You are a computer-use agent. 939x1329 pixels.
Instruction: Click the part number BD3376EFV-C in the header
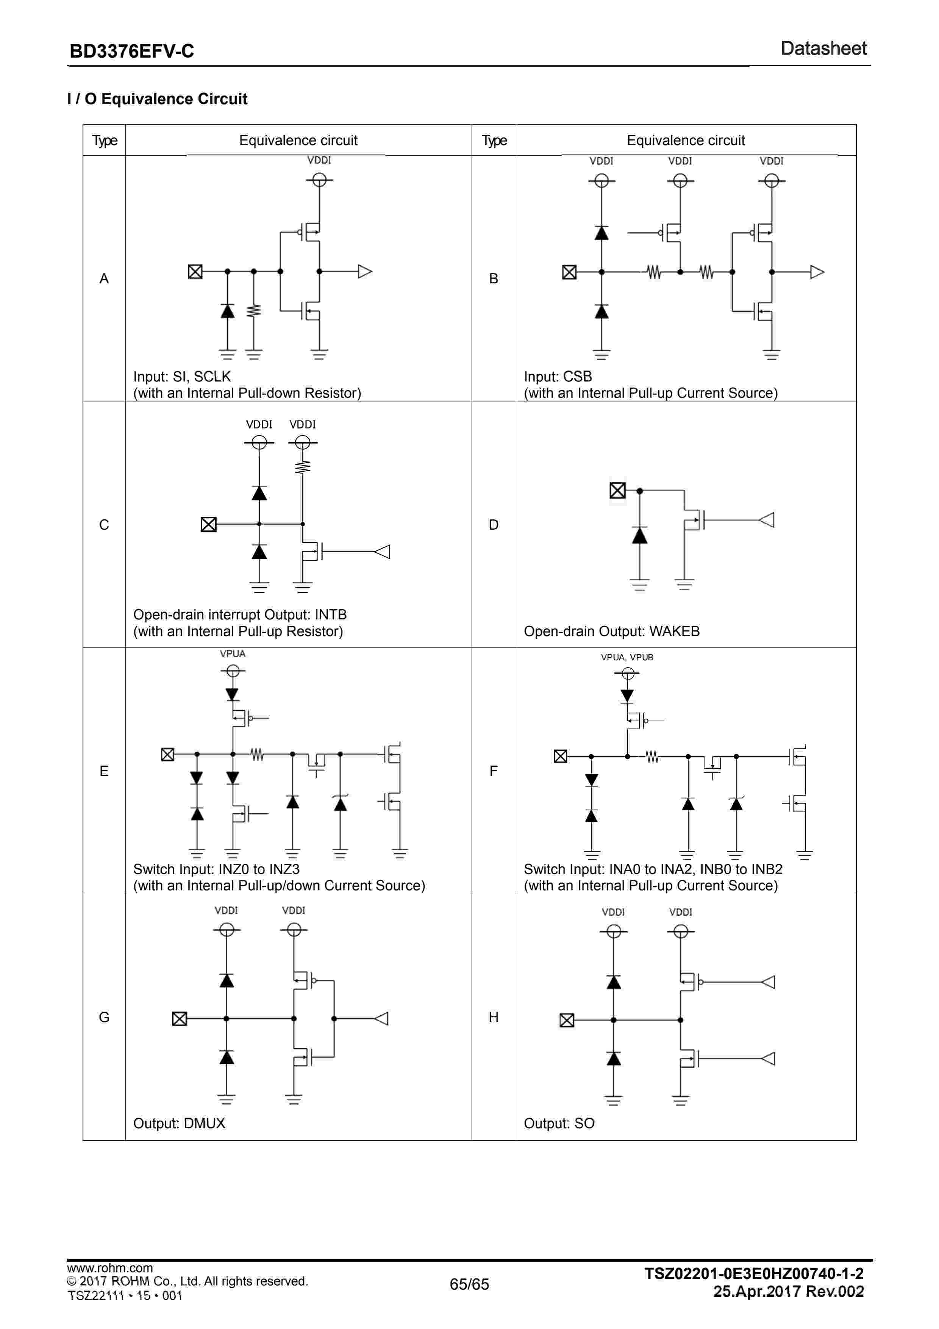click(x=131, y=52)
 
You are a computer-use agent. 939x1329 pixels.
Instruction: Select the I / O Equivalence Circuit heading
click(x=157, y=99)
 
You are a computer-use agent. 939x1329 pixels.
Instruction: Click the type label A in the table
click(x=104, y=278)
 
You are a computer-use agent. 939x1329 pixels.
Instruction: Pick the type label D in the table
click(x=494, y=524)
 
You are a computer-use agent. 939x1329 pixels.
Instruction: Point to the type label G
click(x=104, y=1017)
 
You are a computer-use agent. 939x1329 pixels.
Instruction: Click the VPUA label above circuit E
click(x=233, y=654)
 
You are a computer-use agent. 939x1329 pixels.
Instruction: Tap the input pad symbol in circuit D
click(x=617, y=490)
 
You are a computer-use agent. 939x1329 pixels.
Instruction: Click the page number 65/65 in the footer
click(x=469, y=1284)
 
